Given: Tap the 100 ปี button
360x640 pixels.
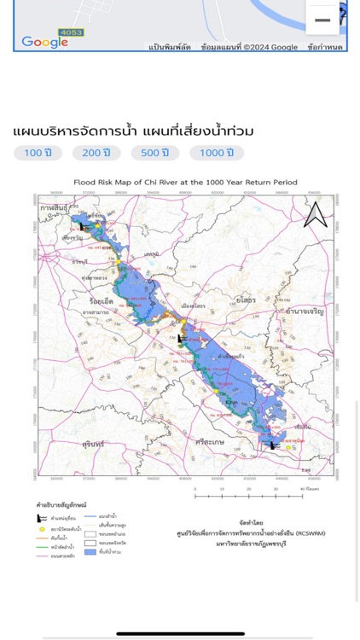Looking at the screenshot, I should (x=37, y=153).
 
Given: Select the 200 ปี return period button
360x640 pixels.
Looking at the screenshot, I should (x=96, y=153).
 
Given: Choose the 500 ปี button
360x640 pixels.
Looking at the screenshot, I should (x=154, y=153).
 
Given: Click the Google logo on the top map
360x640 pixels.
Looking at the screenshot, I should (x=44, y=42).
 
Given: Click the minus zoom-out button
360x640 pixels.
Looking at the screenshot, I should (x=322, y=20).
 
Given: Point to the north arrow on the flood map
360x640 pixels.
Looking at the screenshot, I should (x=315, y=214).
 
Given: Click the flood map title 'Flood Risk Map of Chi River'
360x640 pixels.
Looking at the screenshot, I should (x=179, y=183).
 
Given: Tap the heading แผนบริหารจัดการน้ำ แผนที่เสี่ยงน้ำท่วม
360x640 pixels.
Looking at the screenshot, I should (x=134, y=131).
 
